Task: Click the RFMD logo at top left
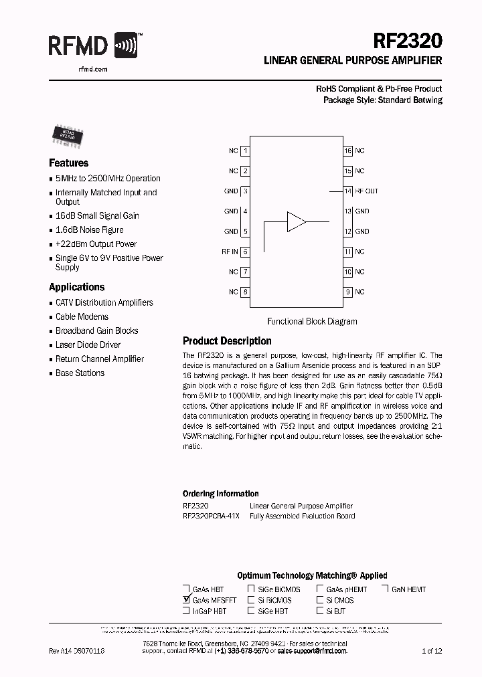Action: click(x=94, y=46)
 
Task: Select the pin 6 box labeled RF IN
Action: click(x=246, y=252)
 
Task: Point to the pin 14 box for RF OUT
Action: click(x=348, y=191)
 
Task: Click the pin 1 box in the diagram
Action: click(x=246, y=151)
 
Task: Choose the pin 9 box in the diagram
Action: click(x=348, y=292)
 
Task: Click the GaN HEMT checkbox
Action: click(x=386, y=589)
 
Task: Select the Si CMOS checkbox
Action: click(x=320, y=600)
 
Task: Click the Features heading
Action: click(x=68, y=163)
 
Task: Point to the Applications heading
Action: click(x=76, y=287)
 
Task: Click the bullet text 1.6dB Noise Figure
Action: click(x=89, y=230)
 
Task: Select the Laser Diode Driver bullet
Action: click(x=88, y=345)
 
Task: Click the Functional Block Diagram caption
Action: click(x=312, y=322)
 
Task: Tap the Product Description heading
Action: click(x=227, y=341)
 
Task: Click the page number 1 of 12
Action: click(x=432, y=651)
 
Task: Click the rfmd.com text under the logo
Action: click(x=78, y=69)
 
